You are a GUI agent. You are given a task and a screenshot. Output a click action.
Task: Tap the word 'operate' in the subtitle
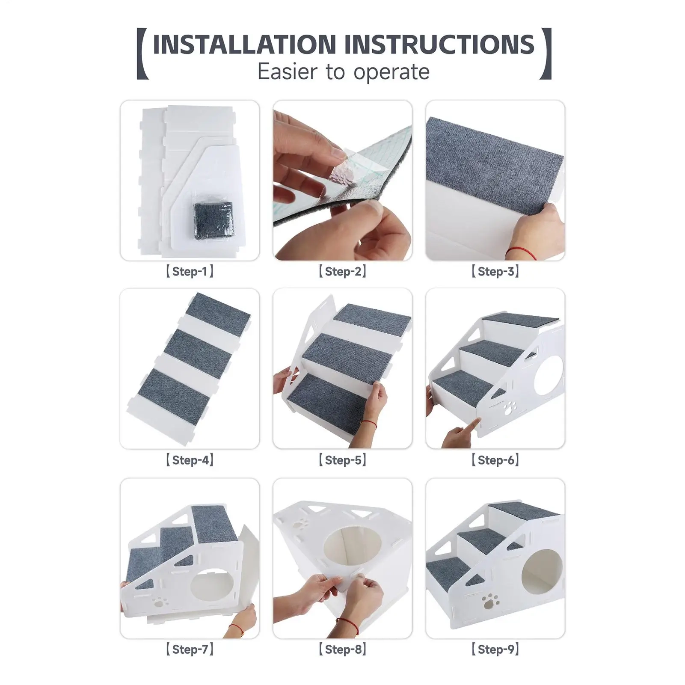(392, 72)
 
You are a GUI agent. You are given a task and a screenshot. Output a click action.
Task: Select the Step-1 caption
(190, 271)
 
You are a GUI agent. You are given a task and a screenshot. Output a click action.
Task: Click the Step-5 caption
(342, 460)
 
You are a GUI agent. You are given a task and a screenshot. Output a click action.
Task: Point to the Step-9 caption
(495, 649)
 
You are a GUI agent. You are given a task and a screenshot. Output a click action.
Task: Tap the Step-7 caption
(190, 649)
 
